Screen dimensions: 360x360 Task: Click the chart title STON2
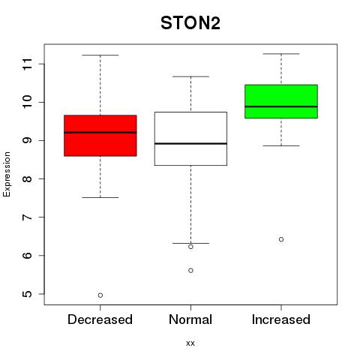[x=190, y=23]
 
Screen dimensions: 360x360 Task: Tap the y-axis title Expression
[x=7, y=174]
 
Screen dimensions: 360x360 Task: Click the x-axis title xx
[x=190, y=343]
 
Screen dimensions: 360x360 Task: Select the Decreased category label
[x=100, y=319]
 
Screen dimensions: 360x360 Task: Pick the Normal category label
[x=190, y=319]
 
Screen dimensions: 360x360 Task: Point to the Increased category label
[x=281, y=319]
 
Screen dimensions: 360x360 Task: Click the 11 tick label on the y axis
[x=28, y=64]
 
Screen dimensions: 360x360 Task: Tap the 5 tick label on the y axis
[x=28, y=294]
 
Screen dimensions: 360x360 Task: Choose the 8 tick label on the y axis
[x=28, y=178]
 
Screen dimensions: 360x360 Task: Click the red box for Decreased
[x=100, y=136]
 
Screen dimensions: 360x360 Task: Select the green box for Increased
[x=281, y=101]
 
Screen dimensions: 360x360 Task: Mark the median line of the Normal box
[x=190, y=143]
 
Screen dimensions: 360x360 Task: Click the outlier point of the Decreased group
[x=100, y=295]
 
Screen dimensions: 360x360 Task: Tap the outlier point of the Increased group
[x=281, y=239]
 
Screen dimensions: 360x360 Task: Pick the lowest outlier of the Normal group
[x=190, y=271]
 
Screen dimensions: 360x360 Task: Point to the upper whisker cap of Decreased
[x=100, y=55]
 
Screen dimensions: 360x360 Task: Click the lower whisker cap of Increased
[x=281, y=145]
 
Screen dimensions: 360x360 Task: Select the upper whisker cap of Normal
[x=190, y=76]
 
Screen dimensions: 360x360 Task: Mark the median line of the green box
[x=281, y=106]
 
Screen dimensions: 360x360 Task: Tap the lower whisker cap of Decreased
[x=100, y=197]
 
